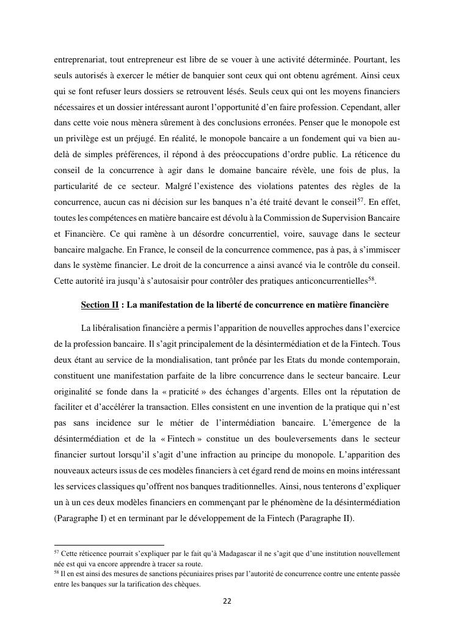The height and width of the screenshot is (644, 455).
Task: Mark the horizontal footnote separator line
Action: point(109,544)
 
